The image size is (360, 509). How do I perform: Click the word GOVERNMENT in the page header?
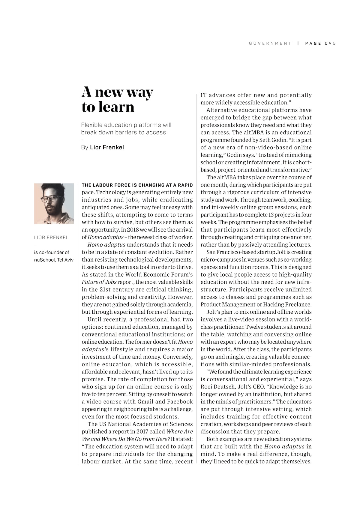270,43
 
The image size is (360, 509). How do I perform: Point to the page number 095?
330,43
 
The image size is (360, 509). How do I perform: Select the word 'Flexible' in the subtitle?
91,125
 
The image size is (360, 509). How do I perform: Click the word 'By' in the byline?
85,147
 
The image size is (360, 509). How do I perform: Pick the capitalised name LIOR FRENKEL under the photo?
51,238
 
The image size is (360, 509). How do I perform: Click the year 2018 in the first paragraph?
135,230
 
